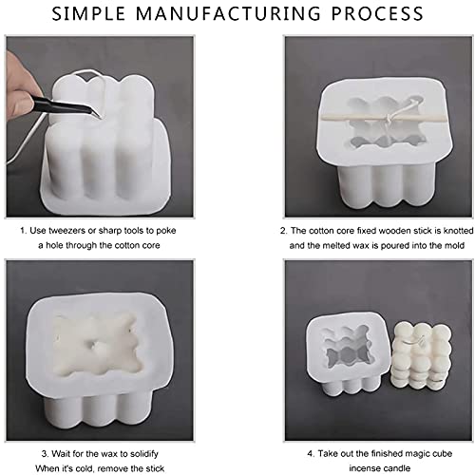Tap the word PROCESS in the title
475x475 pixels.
(377, 13)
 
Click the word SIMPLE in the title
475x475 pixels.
(88, 13)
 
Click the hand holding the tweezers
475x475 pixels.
(22, 85)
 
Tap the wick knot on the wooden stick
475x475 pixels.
(388, 120)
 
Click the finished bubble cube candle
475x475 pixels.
(421, 358)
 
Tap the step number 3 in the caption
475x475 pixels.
(45, 454)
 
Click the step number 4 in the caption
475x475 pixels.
(311, 453)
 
